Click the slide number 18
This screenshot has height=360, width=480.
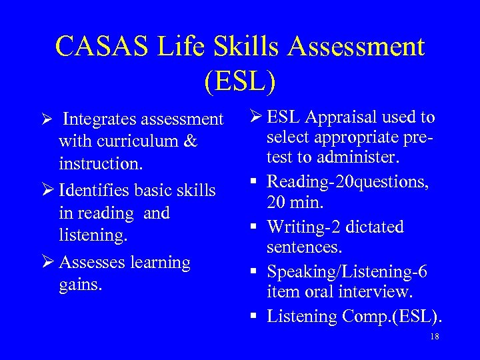(435, 337)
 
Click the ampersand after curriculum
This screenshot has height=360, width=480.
(191, 141)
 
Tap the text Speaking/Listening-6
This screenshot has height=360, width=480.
(347, 272)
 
